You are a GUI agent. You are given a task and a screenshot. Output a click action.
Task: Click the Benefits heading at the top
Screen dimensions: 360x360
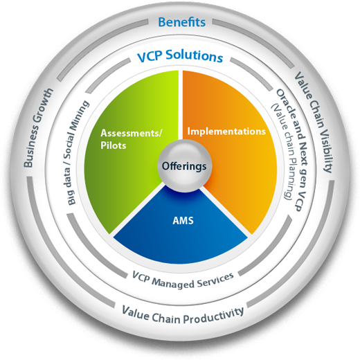point(181,22)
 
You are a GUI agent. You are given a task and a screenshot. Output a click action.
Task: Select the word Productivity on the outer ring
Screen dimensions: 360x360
point(212,312)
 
